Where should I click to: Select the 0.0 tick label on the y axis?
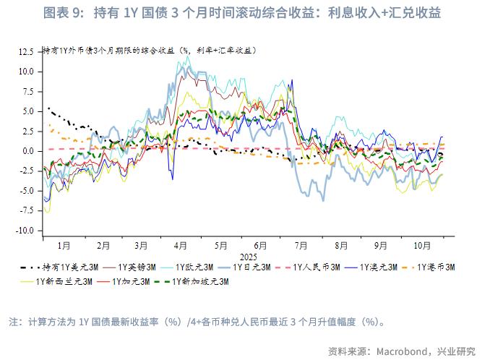tap(28, 151)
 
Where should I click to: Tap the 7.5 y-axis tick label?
tap(28, 92)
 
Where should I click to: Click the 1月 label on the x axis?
tap(64, 245)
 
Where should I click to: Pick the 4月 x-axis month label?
tap(181, 245)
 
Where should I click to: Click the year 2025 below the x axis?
tap(249, 256)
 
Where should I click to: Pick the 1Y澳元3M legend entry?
tap(379, 267)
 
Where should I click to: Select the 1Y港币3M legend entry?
tap(437, 267)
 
